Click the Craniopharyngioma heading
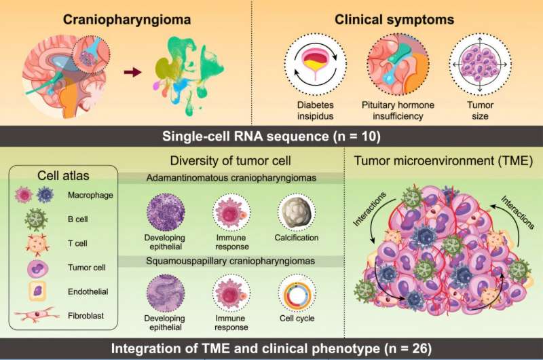pyautogui.click(x=127, y=20)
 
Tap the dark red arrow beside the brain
pyautogui.click(x=132, y=73)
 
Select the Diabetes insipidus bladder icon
pyautogui.click(x=315, y=64)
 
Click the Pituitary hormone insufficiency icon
pyautogui.click(x=398, y=64)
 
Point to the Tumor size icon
pyautogui.click(x=480, y=65)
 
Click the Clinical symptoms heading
pyautogui.click(x=394, y=20)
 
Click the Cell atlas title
pyautogui.click(x=63, y=176)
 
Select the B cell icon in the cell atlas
pyautogui.click(x=36, y=219)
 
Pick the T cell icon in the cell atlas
pyautogui.click(x=37, y=244)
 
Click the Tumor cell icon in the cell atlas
pyautogui.click(x=38, y=268)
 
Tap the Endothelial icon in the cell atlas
pyautogui.click(x=37, y=291)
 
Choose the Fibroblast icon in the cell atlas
pyautogui.click(x=35, y=315)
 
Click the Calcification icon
pyautogui.click(x=297, y=212)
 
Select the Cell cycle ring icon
pyautogui.click(x=297, y=293)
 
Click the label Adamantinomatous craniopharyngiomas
pyautogui.click(x=231, y=178)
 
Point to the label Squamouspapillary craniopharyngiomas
pyautogui.click(x=230, y=261)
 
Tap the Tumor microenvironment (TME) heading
pyautogui.click(x=443, y=161)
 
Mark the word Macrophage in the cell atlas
pyautogui.click(x=90, y=195)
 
